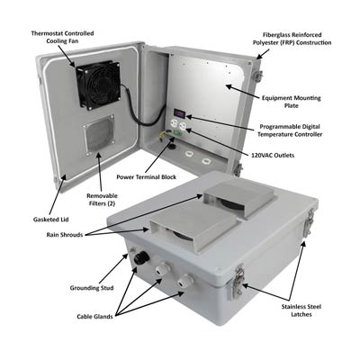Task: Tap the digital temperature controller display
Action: [x=180, y=113]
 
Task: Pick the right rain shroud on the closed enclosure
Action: [x=235, y=204]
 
